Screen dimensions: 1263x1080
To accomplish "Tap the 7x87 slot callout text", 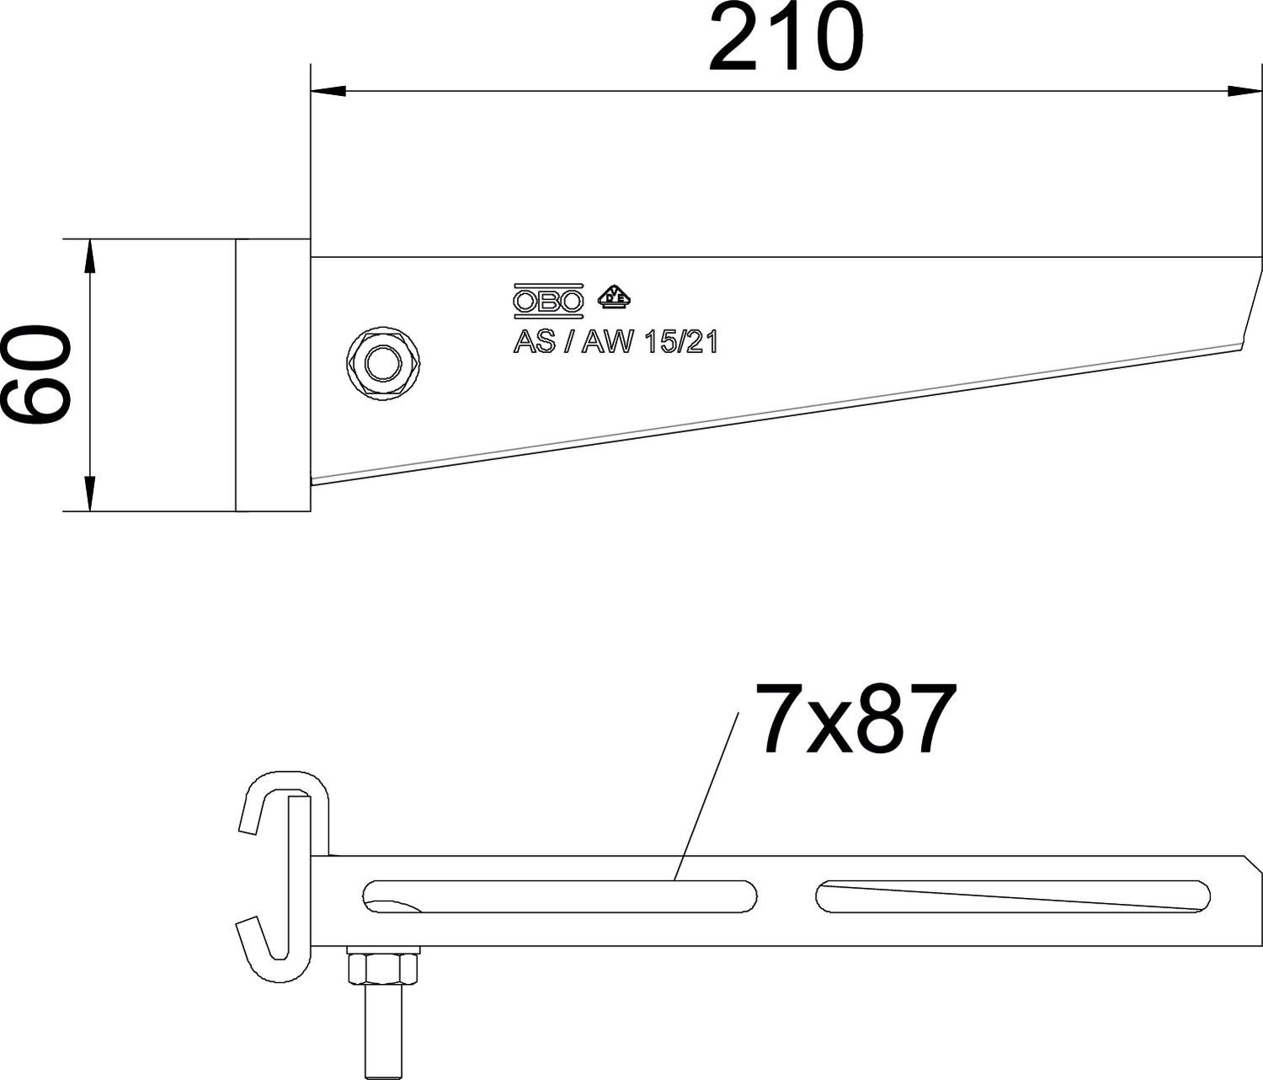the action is pyautogui.click(x=855, y=719).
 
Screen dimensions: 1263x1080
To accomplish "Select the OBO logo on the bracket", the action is pyautogui.click(x=548, y=301).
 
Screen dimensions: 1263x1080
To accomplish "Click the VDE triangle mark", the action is pyautogui.click(x=614, y=296).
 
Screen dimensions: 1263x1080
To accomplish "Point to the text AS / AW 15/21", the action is pyautogui.click(x=616, y=342).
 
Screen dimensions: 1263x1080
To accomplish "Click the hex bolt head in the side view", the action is pyautogui.click(x=384, y=364).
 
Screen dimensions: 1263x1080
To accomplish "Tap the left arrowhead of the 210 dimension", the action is pyautogui.click(x=328, y=92).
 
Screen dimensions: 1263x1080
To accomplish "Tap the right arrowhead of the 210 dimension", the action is pyautogui.click(x=1245, y=92).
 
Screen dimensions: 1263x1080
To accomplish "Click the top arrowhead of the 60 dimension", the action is pyautogui.click(x=90, y=256).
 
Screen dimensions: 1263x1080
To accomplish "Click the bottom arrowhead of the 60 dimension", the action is pyautogui.click(x=90, y=493).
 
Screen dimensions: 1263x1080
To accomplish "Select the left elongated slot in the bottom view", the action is pyautogui.click(x=559, y=896).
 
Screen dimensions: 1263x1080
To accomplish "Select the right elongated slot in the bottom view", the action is pyautogui.click(x=1013, y=896).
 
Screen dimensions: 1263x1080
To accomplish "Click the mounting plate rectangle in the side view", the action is pyautogui.click(x=273, y=375).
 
